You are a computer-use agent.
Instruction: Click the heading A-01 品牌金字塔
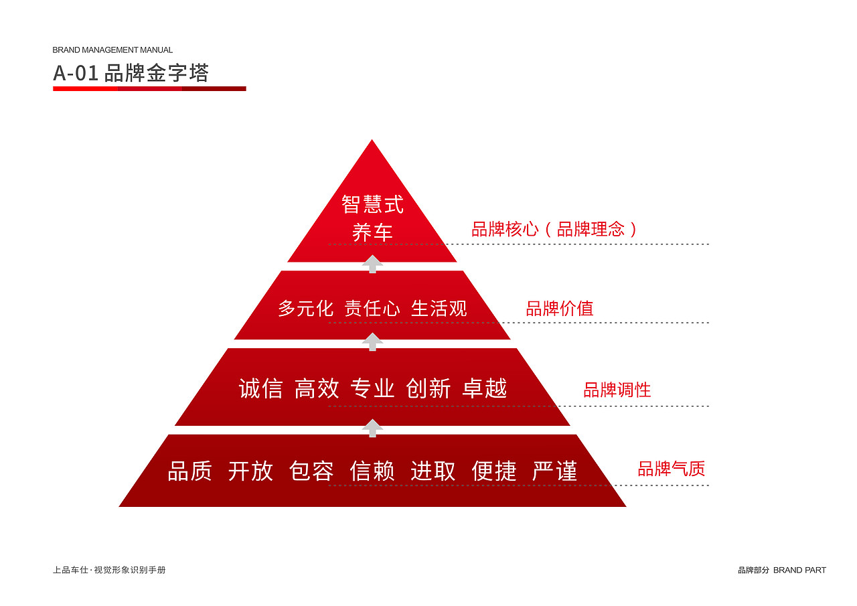pyautogui.click(x=131, y=73)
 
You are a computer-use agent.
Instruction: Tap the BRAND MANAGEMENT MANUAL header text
pyautogui.click(x=112, y=50)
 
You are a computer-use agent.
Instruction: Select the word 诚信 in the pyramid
pyautogui.click(x=260, y=388)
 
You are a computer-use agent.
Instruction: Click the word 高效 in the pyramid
pyautogui.click(x=317, y=388)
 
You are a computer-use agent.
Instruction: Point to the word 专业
pyautogui.click(x=372, y=388)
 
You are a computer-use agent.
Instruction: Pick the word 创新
pyautogui.click(x=428, y=388)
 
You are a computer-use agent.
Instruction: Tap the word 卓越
pyautogui.click(x=485, y=388)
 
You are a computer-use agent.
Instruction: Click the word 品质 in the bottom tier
pyautogui.click(x=189, y=471)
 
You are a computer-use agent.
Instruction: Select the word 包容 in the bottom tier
pyautogui.click(x=311, y=471)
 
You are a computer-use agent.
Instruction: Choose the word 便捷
pyautogui.click(x=494, y=471)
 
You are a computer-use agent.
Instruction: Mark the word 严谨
pyautogui.click(x=555, y=471)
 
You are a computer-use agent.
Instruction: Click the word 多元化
pyautogui.click(x=305, y=309)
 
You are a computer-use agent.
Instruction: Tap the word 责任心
pyautogui.click(x=372, y=309)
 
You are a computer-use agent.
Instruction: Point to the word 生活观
pyautogui.click(x=439, y=309)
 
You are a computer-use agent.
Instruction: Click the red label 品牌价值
pyautogui.click(x=560, y=309)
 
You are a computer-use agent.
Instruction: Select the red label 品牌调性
pyautogui.click(x=617, y=390)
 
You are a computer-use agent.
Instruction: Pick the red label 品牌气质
pyautogui.click(x=672, y=469)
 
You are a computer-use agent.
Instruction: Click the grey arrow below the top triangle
pyautogui.click(x=372, y=264)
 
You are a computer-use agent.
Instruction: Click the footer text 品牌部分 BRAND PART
pyautogui.click(x=782, y=571)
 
